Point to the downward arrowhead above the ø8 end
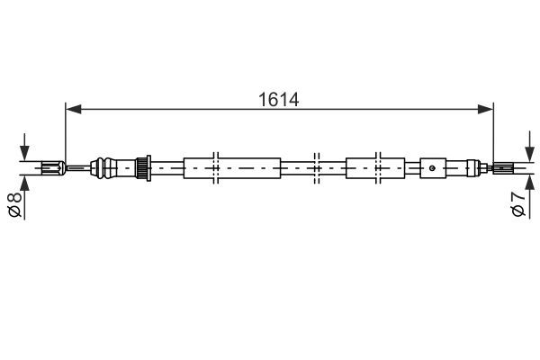click(24, 152)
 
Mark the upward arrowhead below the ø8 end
click(24, 181)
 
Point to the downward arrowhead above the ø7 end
click(526, 153)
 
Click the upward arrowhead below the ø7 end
click(526, 181)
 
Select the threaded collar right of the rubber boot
click(141, 167)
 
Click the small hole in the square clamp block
click(433, 166)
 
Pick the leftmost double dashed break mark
click(216, 167)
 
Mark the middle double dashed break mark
click(316, 167)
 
